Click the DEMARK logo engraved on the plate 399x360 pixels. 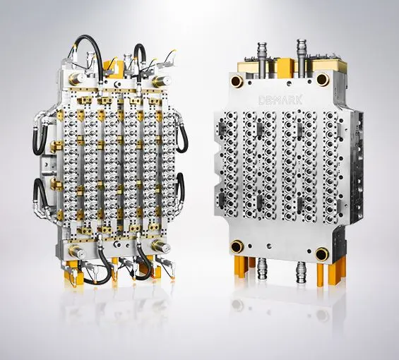(280, 100)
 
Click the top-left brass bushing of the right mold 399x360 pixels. (237, 81)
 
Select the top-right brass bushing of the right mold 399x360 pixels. (323, 80)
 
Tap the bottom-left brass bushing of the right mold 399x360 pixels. (237, 246)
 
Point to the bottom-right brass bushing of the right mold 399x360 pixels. (322, 254)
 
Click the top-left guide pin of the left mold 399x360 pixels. (76, 79)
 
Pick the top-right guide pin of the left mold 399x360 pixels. (161, 81)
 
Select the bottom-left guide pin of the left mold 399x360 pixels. (76, 251)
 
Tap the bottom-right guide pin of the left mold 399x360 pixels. (161, 246)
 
